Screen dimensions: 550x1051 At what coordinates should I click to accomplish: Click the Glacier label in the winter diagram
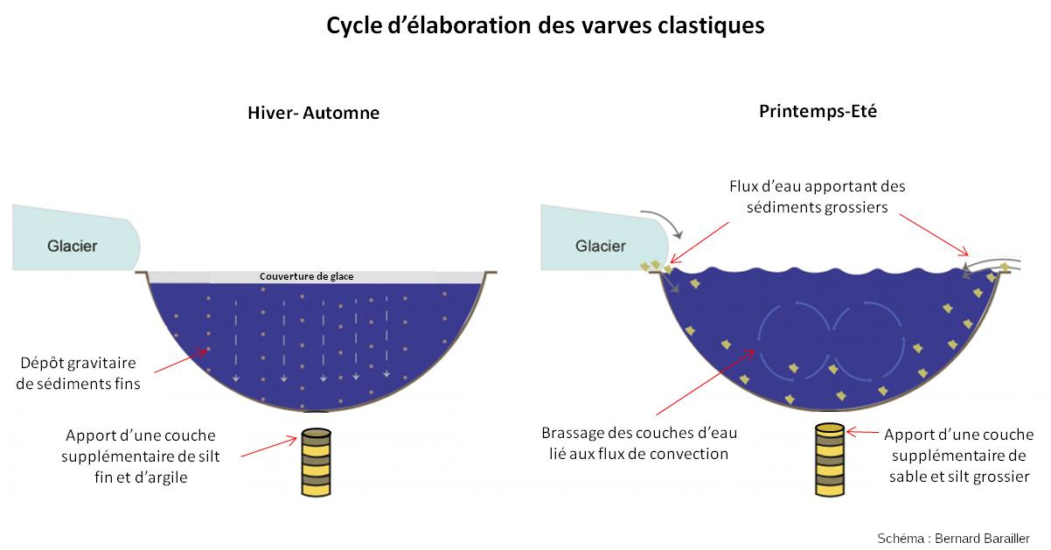72,246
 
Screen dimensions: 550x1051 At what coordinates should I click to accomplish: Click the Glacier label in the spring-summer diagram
600,246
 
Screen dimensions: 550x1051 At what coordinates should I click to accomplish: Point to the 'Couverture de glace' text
306,276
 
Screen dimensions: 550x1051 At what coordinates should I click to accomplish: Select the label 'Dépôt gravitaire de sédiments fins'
79,372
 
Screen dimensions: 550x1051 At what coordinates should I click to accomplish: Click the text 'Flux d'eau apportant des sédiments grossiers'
817,197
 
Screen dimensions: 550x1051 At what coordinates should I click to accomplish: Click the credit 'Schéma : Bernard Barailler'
953,537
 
